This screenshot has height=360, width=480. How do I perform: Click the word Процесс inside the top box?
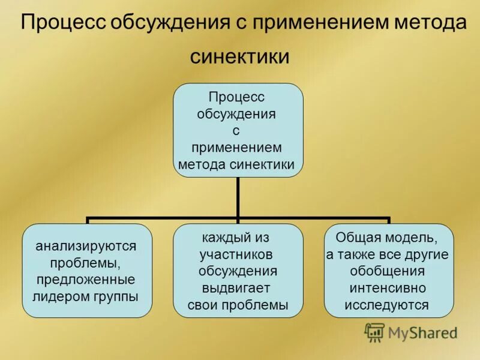click(x=236, y=97)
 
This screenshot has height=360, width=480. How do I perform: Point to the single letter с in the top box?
click(x=237, y=130)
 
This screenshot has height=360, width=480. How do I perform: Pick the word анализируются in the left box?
click(x=86, y=246)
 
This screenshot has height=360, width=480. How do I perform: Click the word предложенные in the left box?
click(x=86, y=280)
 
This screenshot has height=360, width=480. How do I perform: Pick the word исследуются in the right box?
click(x=387, y=305)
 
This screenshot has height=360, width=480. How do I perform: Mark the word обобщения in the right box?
click(x=388, y=271)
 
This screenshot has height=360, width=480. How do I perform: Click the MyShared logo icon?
click(x=375, y=332)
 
